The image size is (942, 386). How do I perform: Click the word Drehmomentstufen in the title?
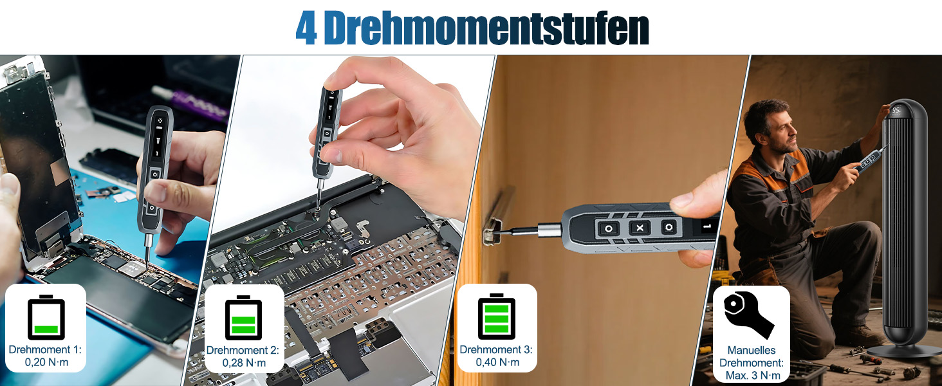tap(486, 28)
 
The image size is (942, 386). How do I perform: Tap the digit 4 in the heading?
tap(306, 28)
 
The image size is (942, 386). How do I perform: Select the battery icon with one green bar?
tap(46, 317)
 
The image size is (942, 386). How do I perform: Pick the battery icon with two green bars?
tap(243, 317)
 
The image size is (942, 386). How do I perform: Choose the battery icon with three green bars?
tap(497, 317)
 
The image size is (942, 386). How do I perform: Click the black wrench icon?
tap(748, 315)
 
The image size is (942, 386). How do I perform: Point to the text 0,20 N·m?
tap(46, 362)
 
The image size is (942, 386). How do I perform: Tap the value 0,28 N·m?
tap(244, 362)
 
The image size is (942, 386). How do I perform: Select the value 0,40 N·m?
tap(497, 362)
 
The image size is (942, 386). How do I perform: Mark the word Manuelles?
tap(752, 350)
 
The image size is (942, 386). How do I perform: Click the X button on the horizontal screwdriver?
tap(640, 228)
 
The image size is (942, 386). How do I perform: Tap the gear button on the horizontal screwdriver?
tap(669, 228)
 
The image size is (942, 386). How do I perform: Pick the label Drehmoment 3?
tap(496, 349)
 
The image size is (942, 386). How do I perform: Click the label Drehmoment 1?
tap(45, 349)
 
